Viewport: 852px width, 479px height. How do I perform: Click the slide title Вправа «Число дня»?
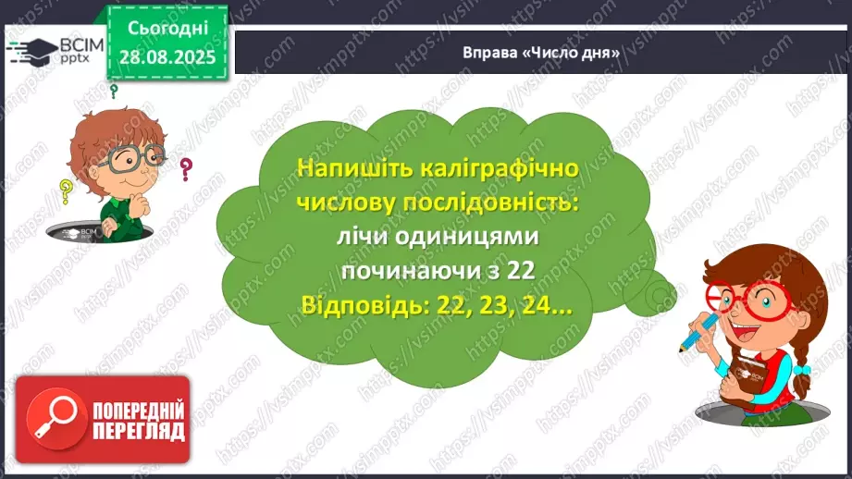pyautogui.click(x=540, y=53)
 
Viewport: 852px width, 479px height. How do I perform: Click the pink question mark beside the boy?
pyautogui.click(x=186, y=169)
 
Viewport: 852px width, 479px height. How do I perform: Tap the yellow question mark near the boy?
pyautogui.click(x=66, y=191)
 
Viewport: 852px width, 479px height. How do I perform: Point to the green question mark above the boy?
pyautogui.click(x=115, y=92)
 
